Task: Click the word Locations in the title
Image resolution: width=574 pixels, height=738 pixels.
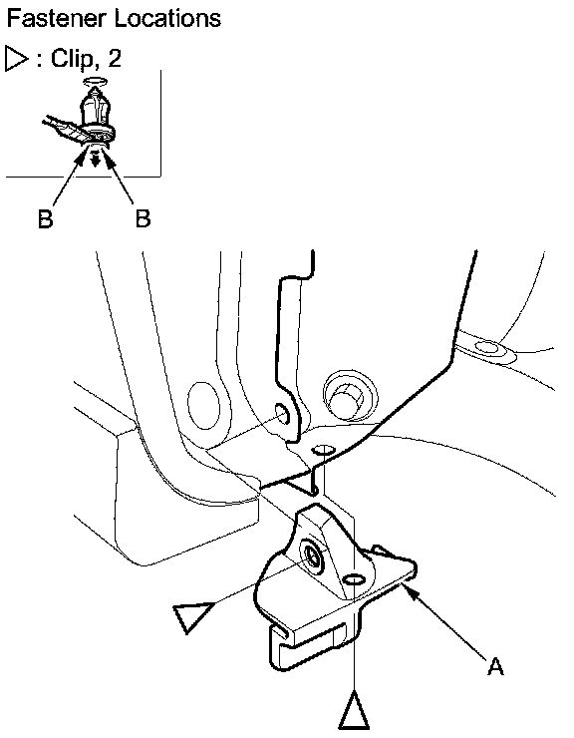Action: coord(167,18)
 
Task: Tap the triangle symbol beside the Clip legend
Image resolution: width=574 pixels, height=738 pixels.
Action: coord(17,59)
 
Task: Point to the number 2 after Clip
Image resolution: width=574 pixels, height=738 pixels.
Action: coord(115,58)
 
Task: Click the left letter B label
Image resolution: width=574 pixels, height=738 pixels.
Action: coord(46,218)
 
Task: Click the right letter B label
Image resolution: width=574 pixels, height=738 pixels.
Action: coord(143,218)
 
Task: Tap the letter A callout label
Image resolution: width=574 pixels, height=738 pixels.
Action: coord(495,665)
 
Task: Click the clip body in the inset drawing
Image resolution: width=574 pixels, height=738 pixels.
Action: coord(96,112)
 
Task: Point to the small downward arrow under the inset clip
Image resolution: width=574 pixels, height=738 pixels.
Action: coord(96,160)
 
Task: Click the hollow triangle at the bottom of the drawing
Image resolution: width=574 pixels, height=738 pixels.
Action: coord(354,710)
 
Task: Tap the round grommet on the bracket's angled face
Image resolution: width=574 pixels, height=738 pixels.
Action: coord(312,556)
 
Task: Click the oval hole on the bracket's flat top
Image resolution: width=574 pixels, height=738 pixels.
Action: coord(354,578)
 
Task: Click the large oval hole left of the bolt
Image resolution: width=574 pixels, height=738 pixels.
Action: coord(203,406)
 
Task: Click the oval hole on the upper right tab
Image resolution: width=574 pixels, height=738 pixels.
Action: coord(486,348)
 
